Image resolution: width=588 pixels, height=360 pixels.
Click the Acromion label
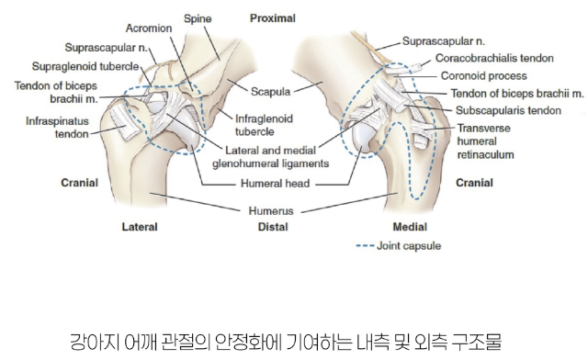(149, 28)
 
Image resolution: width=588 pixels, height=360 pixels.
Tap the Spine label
(198, 18)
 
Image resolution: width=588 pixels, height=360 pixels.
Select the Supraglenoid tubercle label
(85, 66)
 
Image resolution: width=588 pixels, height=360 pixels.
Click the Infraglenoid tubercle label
(264, 125)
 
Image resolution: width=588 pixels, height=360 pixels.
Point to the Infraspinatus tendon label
(57, 128)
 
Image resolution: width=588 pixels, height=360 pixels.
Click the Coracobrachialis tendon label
(494, 58)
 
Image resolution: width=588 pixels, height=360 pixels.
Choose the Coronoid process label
(484, 75)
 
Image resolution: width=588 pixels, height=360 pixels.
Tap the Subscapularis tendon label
(508, 110)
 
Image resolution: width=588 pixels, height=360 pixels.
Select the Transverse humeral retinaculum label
(485, 141)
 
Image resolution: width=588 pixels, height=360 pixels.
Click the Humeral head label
(276, 184)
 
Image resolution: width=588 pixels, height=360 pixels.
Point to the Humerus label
(271, 210)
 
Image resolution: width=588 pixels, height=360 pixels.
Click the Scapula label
(270, 92)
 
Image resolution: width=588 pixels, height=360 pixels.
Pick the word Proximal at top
(273, 18)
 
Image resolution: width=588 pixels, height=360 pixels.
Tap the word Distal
(273, 227)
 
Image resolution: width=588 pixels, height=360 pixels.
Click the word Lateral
(140, 227)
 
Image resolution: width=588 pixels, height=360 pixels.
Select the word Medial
(410, 227)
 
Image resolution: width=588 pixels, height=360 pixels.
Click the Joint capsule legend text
(409, 246)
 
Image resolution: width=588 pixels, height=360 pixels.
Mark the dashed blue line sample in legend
(365, 246)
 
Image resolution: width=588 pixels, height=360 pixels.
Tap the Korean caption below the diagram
(286, 342)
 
